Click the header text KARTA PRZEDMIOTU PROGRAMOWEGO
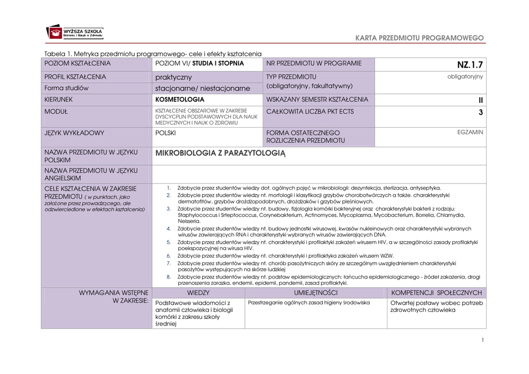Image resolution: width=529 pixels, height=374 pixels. pyautogui.click(x=419, y=38)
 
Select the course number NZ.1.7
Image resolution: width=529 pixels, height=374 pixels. pyautogui.click(x=470, y=65)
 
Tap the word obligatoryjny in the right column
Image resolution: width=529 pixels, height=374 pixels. pyautogui.click(x=465, y=76)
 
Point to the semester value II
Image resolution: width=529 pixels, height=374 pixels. pyautogui.click(x=480, y=100)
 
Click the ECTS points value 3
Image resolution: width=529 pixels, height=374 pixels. pyautogui.click(x=480, y=112)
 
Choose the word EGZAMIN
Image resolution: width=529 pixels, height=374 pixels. pyautogui.click(x=470, y=132)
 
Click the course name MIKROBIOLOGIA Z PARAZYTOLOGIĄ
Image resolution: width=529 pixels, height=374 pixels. pyautogui.click(x=220, y=153)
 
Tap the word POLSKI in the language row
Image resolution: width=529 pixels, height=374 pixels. pyautogui.click(x=166, y=133)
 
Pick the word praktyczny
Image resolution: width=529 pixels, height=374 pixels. pyautogui.click(x=174, y=77)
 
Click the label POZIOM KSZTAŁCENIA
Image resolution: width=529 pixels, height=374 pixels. pyautogui.click(x=77, y=63)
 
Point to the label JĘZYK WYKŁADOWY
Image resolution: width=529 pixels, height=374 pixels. pyautogui.click(x=74, y=133)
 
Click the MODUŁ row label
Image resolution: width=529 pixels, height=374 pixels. pyautogui.click(x=56, y=111)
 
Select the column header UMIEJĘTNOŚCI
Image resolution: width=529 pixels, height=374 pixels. pyautogui.click(x=315, y=292)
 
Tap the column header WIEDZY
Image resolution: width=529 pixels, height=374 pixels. pyautogui.click(x=198, y=292)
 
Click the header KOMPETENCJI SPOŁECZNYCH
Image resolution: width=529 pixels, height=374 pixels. pyautogui.click(x=437, y=292)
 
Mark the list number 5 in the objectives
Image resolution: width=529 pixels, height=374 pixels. pyautogui.click(x=168, y=242)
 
